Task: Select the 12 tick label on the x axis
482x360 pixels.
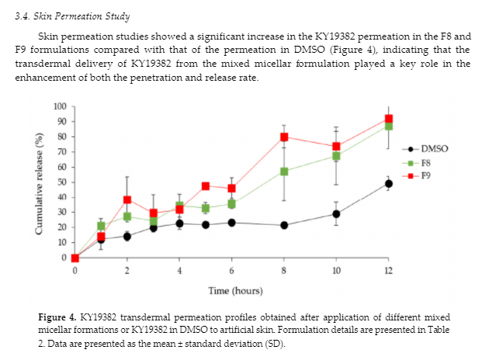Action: pyautogui.click(x=388, y=271)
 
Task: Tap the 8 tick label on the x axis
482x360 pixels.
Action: pyautogui.click(x=284, y=271)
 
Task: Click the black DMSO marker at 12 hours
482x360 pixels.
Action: pyautogui.click(x=388, y=184)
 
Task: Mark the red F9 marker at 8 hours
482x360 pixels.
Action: pyautogui.click(x=284, y=137)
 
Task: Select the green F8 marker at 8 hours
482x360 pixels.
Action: pyautogui.click(x=284, y=171)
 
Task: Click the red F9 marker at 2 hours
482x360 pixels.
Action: pyautogui.click(x=127, y=200)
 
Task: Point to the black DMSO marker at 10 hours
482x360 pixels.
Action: pyautogui.click(x=336, y=214)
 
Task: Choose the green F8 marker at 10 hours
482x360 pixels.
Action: pyautogui.click(x=336, y=156)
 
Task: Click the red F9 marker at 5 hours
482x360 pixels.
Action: pyautogui.click(x=206, y=186)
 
